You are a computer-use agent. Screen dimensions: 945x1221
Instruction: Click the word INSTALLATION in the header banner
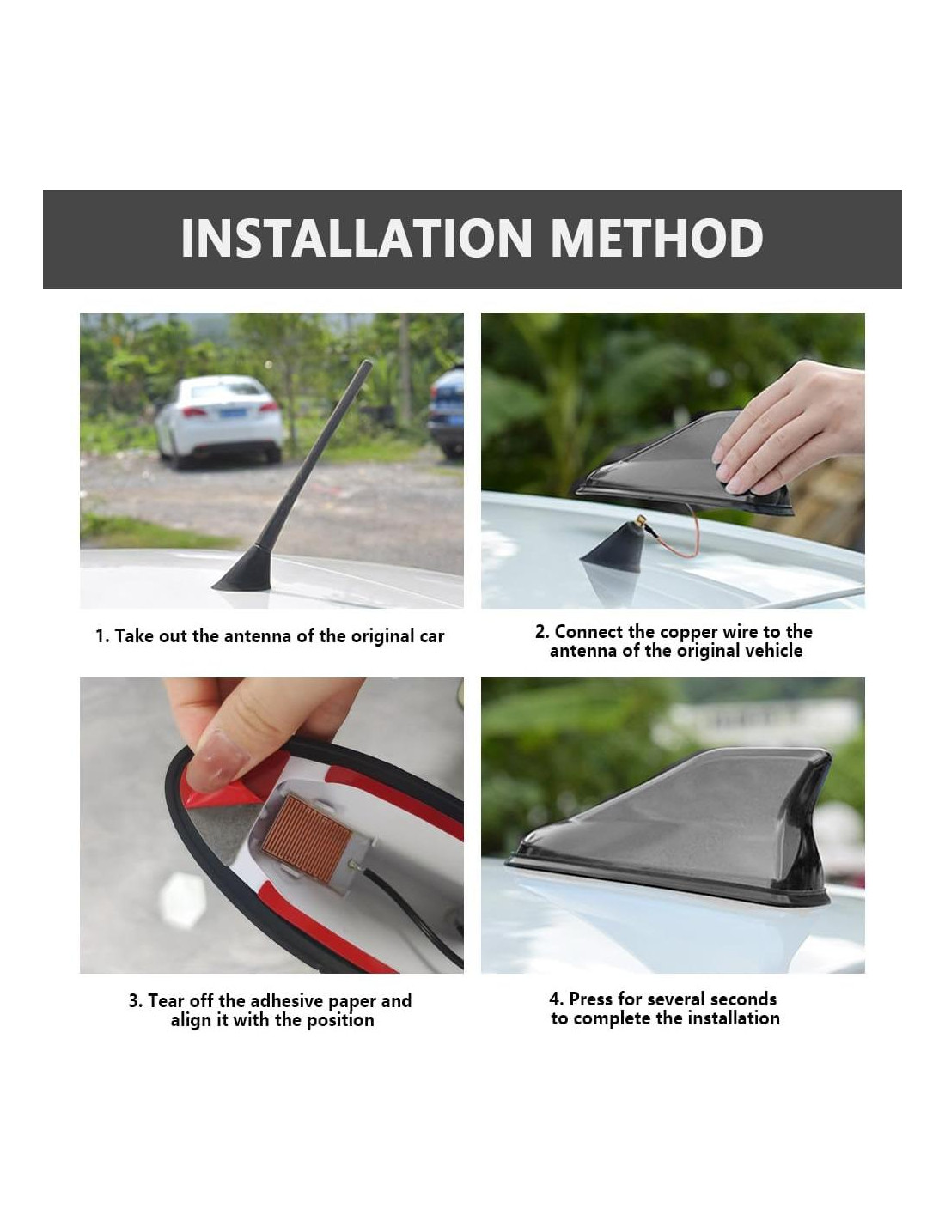pyautogui.click(x=356, y=238)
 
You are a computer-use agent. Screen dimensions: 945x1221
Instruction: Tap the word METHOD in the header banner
pyautogui.click(x=656, y=238)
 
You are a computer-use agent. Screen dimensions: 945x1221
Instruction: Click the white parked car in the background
pyautogui.click(x=218, y=420)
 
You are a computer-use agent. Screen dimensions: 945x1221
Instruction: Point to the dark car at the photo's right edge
pyautogui.click(x=447, y=412)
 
